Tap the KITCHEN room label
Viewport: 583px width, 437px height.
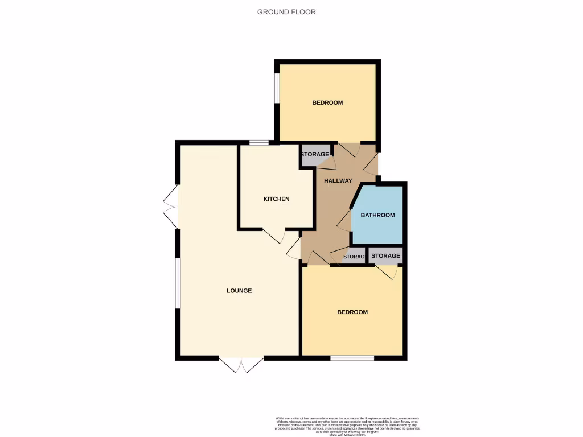276,199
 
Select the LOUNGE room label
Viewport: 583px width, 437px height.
239,291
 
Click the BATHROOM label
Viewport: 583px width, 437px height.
377,215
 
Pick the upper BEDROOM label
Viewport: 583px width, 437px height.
327,103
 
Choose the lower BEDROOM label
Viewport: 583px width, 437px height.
352,312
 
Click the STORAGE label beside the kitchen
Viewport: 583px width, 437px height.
315,155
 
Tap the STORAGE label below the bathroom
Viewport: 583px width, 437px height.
385,256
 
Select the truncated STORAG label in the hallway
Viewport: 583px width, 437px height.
354,257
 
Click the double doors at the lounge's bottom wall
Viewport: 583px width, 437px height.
241,364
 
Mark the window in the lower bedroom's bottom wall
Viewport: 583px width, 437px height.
352,358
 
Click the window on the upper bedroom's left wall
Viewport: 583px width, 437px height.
277,88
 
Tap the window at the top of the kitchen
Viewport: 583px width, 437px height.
258,142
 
